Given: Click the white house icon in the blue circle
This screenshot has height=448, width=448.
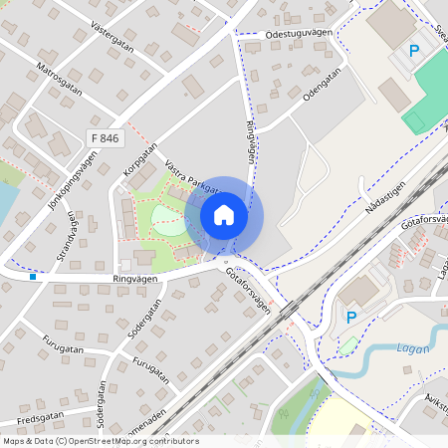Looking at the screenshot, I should [x=224, y=215].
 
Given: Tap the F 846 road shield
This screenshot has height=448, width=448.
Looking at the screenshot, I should [x=104, y=138].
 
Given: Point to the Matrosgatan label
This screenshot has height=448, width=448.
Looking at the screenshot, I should [x=58, y=77].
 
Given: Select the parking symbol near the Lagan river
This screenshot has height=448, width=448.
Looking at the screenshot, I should [x=350, y=317].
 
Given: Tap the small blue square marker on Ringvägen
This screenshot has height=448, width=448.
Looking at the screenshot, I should [x=33, y=277].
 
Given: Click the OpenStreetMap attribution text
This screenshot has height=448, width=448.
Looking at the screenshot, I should [x=101, y=441].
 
